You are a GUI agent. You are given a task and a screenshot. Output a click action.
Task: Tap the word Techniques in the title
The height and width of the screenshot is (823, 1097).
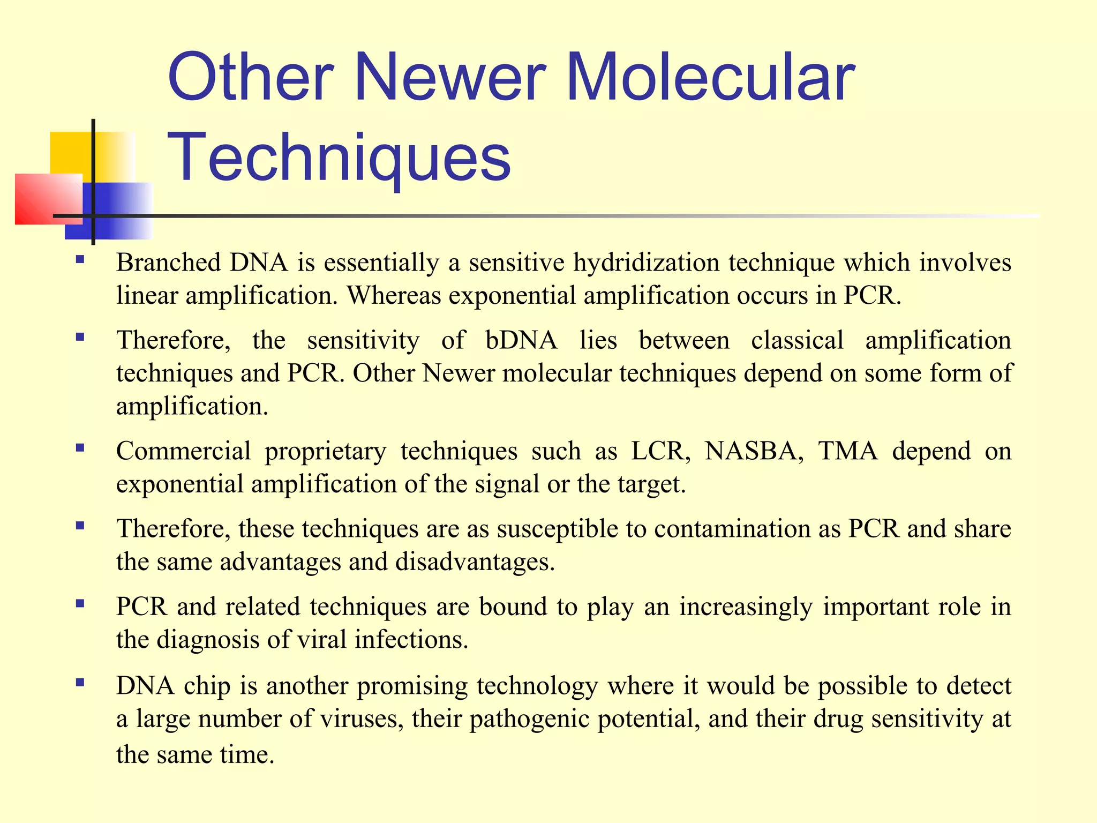tap(340, 158)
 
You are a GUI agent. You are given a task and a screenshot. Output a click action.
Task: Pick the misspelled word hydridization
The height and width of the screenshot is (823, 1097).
tap(647, 263)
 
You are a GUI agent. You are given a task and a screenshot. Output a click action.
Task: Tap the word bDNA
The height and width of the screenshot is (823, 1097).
tap(521, 340)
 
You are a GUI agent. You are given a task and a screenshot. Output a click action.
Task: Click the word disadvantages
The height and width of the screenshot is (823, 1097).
tap(475, 562)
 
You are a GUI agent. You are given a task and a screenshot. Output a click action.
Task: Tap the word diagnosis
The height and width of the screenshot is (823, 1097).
tap(208, 640)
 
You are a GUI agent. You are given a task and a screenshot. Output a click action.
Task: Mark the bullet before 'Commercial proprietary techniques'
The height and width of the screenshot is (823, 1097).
tap(80, 447)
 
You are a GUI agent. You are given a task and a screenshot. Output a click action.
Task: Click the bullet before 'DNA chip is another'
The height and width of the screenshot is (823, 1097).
tap(80, 682)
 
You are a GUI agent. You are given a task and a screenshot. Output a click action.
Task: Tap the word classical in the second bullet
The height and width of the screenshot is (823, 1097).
tap(797, 340)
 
